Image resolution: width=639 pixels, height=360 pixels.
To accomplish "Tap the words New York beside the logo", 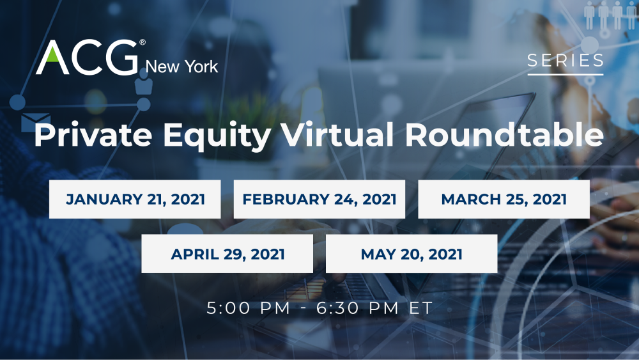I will [181, 66].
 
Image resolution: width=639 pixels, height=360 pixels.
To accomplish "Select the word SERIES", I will [566, 61].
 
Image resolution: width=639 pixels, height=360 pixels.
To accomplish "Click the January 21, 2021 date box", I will [135, 199].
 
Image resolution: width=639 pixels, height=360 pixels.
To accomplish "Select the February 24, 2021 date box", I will [319, 199].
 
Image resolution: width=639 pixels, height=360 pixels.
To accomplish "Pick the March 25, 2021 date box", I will [504, 199].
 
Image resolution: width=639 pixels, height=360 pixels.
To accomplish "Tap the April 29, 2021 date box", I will [227, 254].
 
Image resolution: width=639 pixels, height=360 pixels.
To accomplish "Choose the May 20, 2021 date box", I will [412, 254].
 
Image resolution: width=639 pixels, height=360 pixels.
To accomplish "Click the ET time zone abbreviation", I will [421, 308].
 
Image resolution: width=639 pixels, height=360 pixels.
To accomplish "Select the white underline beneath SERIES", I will [566, 75].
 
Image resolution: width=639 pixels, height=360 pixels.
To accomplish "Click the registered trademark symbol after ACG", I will [142, 42].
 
